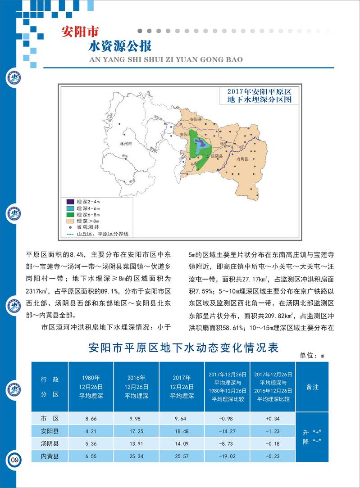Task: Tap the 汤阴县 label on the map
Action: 217,155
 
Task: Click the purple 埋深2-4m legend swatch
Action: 69,202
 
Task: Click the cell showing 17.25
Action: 137,431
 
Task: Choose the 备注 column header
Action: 312,387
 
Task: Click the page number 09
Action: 15,460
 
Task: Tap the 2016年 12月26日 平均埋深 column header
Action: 137,387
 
